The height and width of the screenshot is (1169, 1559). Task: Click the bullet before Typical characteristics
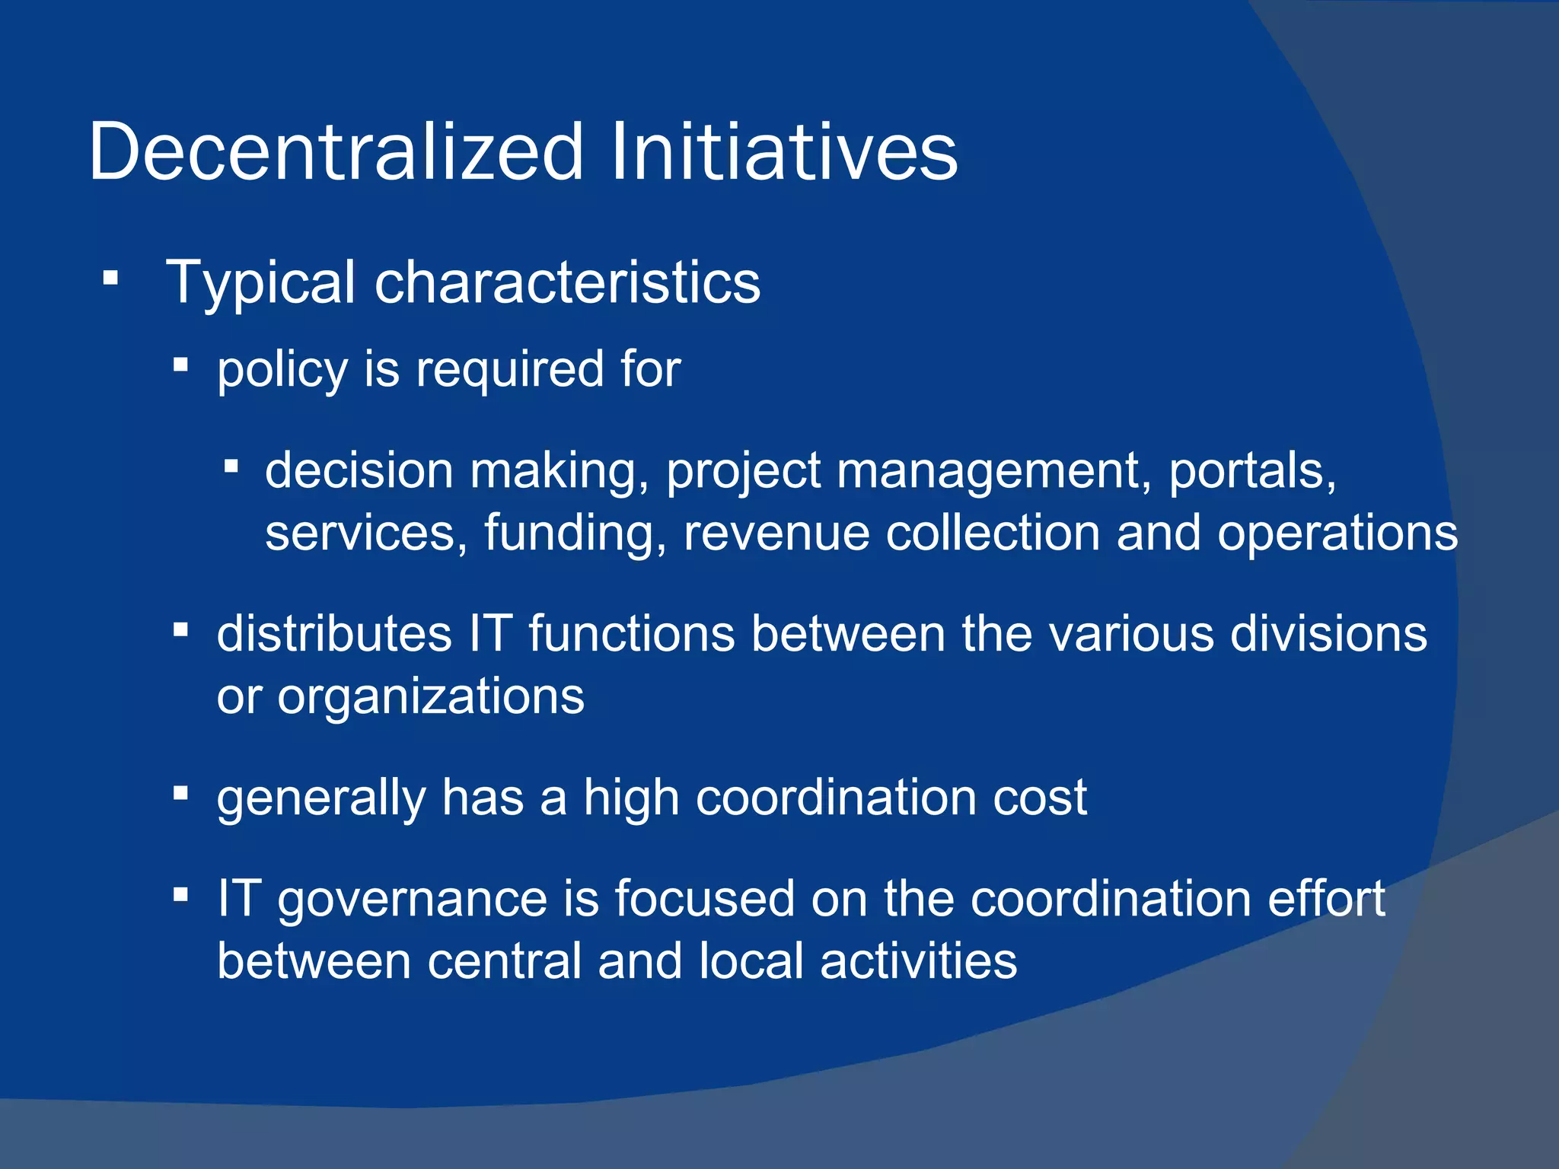(x=111, y=279)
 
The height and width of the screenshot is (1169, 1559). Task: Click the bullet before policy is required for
(x=180, y=365)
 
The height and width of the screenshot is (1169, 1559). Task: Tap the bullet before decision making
(x=231, y=465)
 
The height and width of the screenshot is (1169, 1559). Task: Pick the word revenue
(x=776, y=533)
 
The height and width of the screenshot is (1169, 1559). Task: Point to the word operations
(x=1337, y=534)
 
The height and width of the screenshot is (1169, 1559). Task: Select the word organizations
(x=431, y=697)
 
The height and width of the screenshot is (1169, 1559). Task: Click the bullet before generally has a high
(x=180, y=794)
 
